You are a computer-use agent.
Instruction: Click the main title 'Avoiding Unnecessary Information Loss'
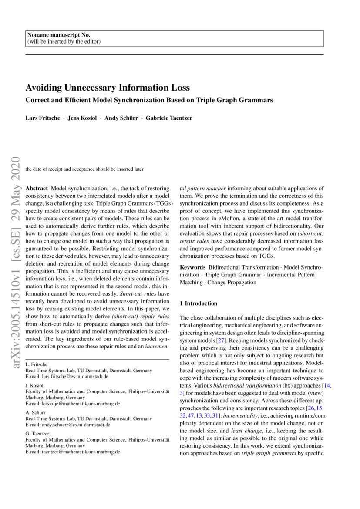(108, 88)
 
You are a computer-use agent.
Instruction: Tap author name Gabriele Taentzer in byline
(169, 118)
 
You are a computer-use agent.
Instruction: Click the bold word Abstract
(37, 189)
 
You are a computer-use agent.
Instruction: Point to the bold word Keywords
(192, 267)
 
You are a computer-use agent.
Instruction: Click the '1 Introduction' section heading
(199, 303)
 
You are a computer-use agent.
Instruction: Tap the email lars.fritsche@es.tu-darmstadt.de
(73, 376)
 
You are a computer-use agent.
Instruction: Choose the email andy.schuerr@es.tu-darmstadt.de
(74, 425)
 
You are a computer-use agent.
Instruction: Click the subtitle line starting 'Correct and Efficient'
(149, 100)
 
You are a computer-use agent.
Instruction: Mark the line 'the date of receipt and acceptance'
(84, 169)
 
